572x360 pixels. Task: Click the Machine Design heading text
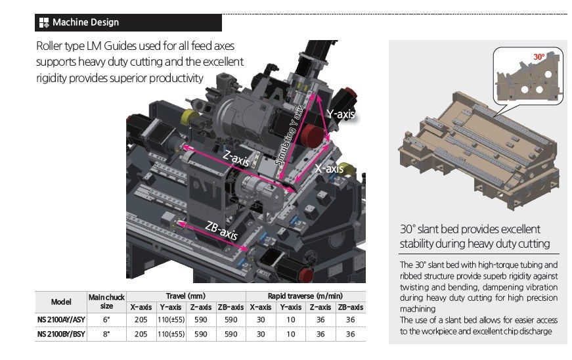[x=86, y=22]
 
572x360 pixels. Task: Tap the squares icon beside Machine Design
[x=44, y=22]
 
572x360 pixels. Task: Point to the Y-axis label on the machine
[x=341, y=114]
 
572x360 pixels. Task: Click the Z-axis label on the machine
[x=236, y=158]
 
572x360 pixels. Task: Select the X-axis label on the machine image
[x=329, y=169]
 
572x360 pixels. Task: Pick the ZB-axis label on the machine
[x=221, y=231]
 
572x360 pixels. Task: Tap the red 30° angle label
[x=539, y=56]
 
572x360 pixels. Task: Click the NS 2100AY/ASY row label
[x=61, y=320]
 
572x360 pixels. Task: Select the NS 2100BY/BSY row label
[x=61, y=334]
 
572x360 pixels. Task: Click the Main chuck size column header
[x=106, y=302]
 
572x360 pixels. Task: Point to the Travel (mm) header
[x=186, y=296]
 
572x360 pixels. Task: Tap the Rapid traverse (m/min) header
[x=305, y=296]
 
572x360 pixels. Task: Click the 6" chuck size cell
[x=106, y=320]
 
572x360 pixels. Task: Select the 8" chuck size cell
[x=106, y=334]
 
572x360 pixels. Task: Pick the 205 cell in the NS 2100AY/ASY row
[x=141, y=320]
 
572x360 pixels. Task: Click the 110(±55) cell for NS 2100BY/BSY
[x=171, y=334]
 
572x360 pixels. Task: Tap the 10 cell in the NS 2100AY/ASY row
[x=291, y=320]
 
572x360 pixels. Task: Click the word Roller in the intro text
[x=49, y=46]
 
